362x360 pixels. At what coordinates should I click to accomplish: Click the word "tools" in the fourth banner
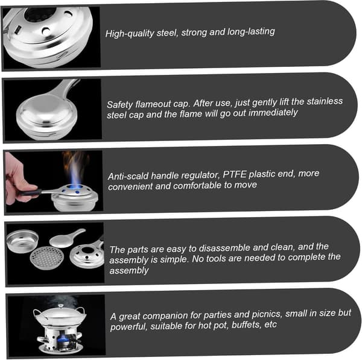215,259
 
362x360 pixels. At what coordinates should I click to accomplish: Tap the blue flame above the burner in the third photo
75,173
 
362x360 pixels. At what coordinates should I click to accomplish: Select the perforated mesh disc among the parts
47,257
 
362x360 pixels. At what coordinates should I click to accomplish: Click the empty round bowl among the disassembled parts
23,241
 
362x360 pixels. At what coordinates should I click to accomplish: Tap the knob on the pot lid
61,306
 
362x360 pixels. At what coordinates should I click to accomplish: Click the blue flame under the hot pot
62,339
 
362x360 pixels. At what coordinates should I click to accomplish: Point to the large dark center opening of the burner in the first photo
40,14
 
